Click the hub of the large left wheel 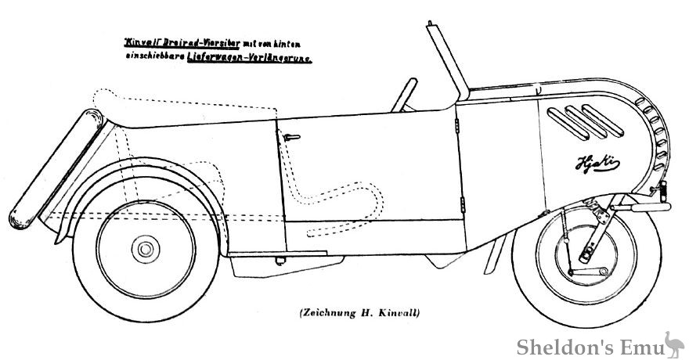pyautogui.click(x=145, y=250)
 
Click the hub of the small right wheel pyautogui.click(x=586, y=255)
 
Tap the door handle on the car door pyautogui.click(x=290, y=138)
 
